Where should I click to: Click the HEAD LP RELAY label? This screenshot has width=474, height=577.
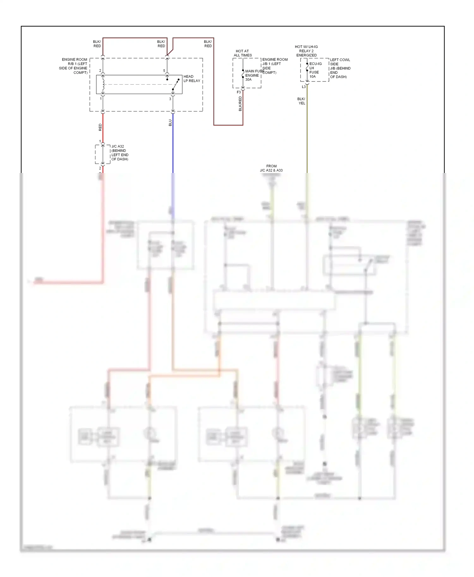[192, 79]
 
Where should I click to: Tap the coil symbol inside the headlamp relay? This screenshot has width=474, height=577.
[103, 84]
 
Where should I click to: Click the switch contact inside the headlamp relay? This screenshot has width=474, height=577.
[176, 85]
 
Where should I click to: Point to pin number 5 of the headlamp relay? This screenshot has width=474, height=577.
[164, 71]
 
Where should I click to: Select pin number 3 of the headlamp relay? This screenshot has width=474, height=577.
[170, 99]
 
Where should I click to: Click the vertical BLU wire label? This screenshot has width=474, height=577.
[170, 123]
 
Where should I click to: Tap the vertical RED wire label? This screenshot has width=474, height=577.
[100, 127]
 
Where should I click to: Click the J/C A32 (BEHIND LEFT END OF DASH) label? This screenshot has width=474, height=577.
[120, 153]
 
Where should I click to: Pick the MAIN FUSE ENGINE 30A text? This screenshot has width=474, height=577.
[253, 75]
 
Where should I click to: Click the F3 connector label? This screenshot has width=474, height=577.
[239, 92]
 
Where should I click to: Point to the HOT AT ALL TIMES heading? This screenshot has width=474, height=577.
[242, 53]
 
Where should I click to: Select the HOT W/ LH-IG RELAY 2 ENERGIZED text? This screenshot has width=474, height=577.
[306, 51]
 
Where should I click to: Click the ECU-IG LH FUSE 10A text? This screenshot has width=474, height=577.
[315, 70]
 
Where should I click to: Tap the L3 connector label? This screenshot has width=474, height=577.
[304, 87]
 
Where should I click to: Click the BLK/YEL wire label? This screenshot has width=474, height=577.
[301, 101]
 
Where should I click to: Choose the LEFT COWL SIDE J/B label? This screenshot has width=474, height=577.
[340, 68]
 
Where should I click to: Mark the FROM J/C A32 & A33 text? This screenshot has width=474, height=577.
[271, 168]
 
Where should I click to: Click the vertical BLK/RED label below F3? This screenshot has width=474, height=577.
[240, 104]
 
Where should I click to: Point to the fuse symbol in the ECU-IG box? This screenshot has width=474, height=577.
[307, 67]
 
